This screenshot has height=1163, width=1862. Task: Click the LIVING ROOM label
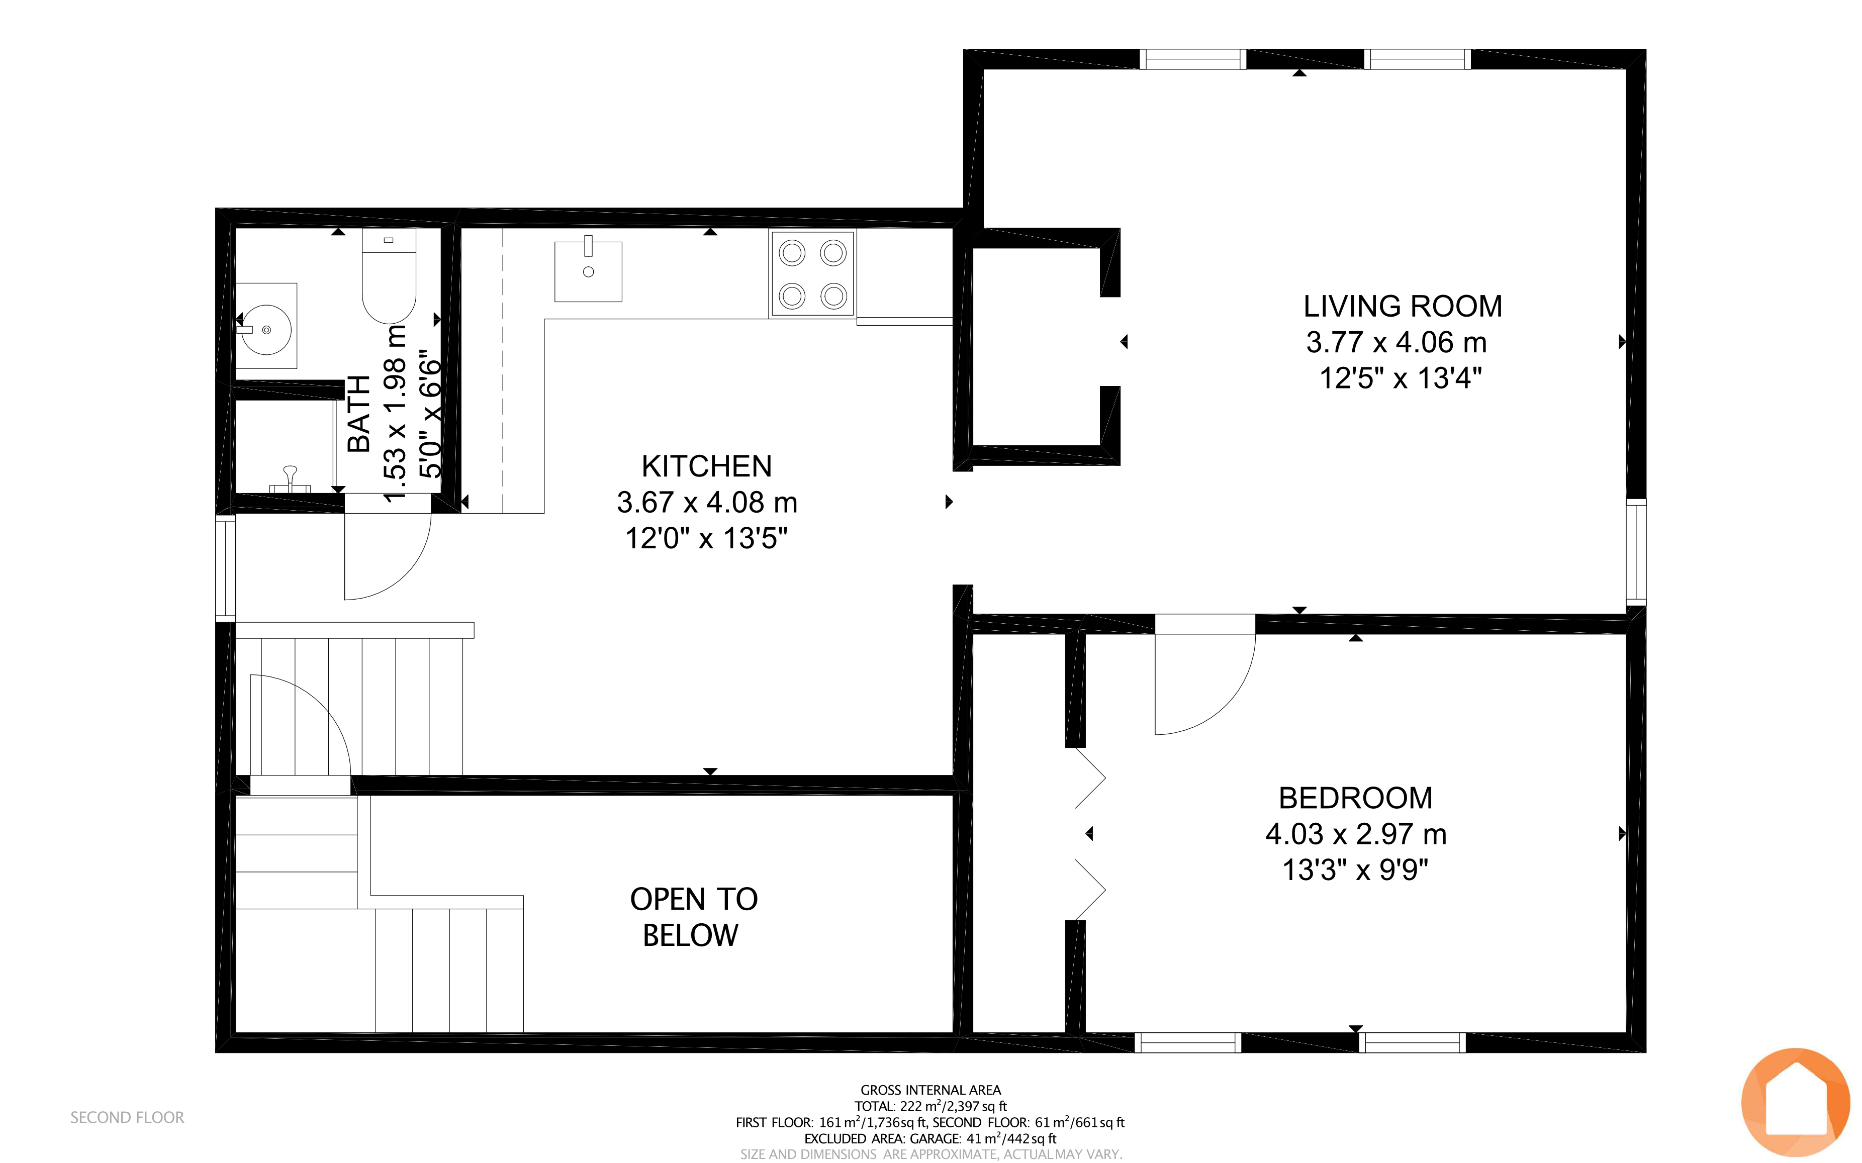tap(1402, 306)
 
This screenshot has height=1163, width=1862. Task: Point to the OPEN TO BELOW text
tap(693, 917)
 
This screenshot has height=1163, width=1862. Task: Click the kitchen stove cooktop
tap(812, 274)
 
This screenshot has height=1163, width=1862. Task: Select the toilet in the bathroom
tap(389, 275)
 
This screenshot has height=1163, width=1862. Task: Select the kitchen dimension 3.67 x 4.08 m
tap(707, 502)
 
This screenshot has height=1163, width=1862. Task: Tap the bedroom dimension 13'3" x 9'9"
tap(1355, 870)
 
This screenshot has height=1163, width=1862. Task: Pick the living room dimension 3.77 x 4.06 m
tap(1397, 342)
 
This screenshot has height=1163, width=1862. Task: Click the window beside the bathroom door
tap(225, 567)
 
